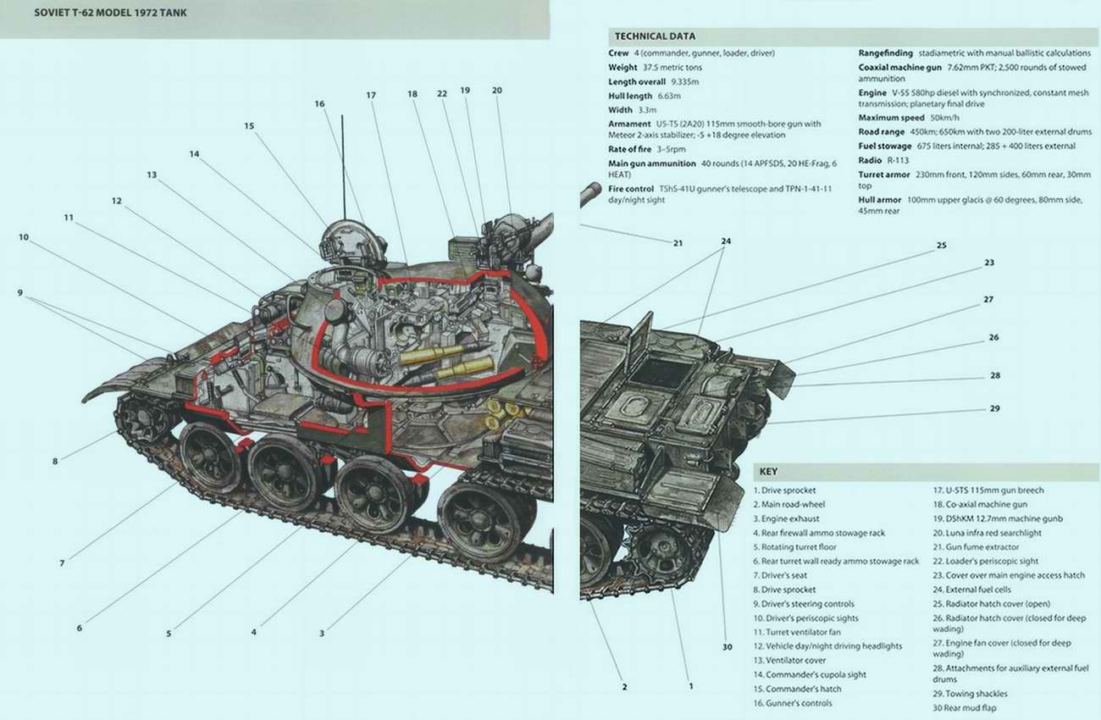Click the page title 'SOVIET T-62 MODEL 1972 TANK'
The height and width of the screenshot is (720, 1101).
pos(111,13)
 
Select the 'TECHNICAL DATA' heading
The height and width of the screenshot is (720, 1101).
pos(655,36)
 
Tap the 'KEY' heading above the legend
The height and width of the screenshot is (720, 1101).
pos(768,471)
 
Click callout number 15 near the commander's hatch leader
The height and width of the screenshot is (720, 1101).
pos(249,126)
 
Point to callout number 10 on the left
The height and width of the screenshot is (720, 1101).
pos(24,237)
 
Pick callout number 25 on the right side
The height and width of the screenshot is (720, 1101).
pos(941,246)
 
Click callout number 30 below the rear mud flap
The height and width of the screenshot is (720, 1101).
pos(727,647)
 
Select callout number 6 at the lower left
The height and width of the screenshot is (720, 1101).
pos(79,629)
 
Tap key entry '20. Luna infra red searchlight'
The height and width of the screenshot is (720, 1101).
pos(987,533)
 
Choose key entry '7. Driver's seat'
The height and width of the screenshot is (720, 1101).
pos(780,575)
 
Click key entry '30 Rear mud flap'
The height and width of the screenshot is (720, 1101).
pos(965,707)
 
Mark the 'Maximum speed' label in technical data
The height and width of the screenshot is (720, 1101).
pos(891,118)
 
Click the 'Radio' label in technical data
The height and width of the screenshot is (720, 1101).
pos(870,160)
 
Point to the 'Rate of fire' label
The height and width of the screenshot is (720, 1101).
pos(629,149)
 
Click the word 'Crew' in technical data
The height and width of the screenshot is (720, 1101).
pos(618,53)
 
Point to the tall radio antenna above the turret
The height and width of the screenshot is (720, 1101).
pos(343,168)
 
